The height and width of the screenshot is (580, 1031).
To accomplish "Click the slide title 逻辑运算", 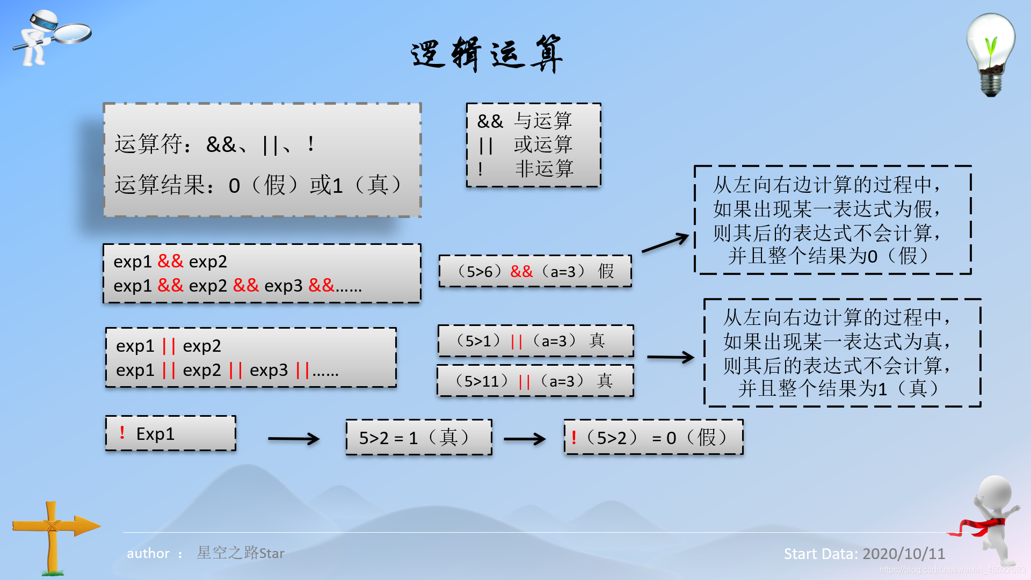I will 487,54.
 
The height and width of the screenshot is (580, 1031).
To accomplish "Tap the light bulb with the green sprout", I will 991,54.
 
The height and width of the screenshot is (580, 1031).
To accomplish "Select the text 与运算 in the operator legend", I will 543,121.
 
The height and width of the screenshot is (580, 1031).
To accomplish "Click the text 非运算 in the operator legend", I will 544,169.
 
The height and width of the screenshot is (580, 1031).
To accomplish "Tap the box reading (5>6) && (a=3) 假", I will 535,271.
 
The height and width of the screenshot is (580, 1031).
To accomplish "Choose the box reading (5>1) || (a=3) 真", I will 535,340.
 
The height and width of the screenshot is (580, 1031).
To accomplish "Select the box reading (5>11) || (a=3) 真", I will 535,381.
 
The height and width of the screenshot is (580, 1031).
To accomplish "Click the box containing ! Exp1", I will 170,433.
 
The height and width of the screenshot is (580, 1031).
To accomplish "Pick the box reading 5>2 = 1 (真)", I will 419,438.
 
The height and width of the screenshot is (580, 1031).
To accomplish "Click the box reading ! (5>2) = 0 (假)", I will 654,438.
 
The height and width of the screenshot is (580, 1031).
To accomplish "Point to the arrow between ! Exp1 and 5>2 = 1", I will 293,439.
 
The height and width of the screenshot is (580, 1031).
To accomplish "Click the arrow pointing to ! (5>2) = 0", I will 525,439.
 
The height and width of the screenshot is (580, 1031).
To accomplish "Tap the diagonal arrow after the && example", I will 665,243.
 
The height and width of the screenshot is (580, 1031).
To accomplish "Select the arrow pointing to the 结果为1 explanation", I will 670,357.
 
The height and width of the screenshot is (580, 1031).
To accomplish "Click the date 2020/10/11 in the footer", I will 904,554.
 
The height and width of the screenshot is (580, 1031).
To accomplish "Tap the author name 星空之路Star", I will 240,553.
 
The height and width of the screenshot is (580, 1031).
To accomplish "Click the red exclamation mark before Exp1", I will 122,432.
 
